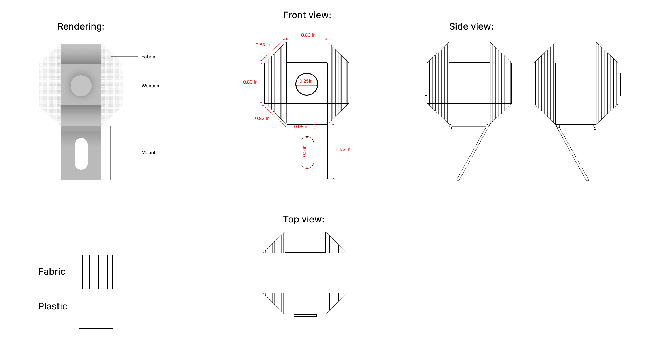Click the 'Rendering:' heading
point(81,26)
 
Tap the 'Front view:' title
point(307,15)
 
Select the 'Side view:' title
point(471,26)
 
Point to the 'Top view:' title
point(304,219)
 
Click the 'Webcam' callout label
point(151,86)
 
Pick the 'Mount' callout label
point(148,152)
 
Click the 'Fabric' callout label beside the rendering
point(148,57)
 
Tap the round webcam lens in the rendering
point(81,86)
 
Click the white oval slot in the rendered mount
point(81,154)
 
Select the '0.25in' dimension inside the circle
point(306,81)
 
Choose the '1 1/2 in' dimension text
point(343,149)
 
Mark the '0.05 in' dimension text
point(301,127)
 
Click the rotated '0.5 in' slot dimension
point(304,151)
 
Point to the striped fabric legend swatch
point(96,272)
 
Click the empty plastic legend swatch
point(96,312)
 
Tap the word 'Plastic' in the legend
point(53,306)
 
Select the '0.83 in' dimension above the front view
point(308,35)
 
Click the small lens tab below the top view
point(305,315)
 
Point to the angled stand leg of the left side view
point(473,153)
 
